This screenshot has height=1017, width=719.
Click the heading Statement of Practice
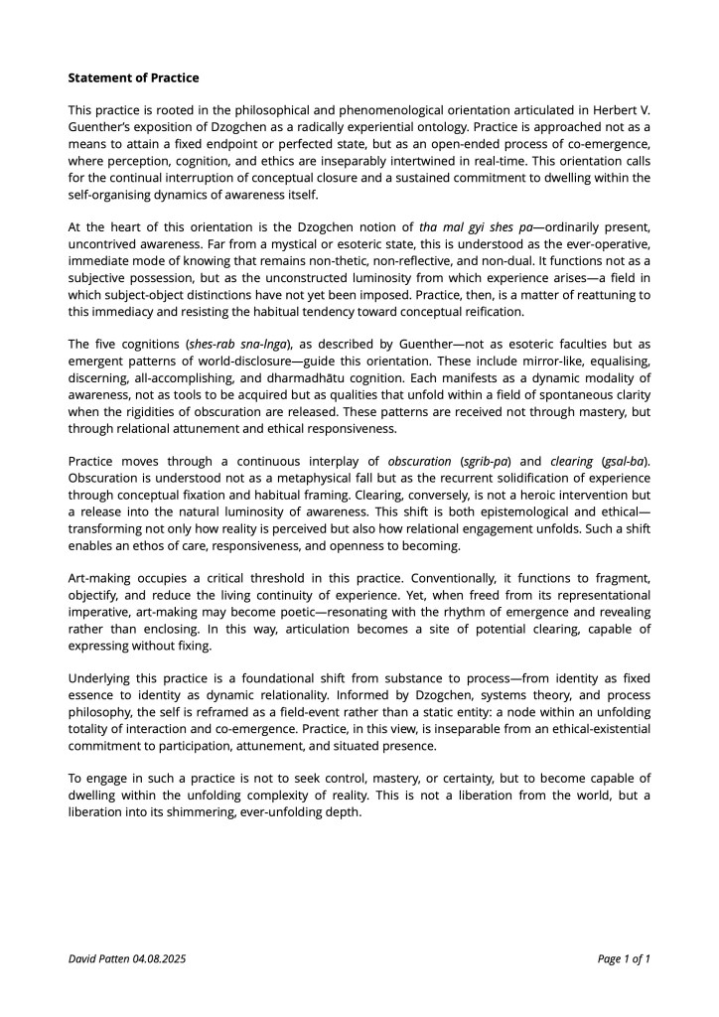click(x=133, y=77)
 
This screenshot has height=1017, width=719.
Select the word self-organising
click(x=112, y=177)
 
